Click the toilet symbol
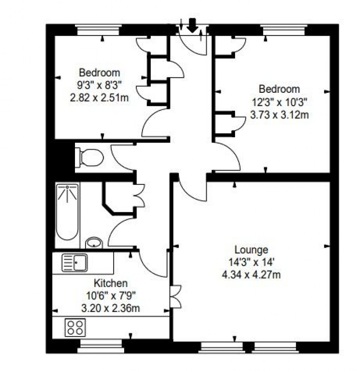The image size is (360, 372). (x=89, y=158)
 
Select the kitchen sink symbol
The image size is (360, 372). (x=75, y=263)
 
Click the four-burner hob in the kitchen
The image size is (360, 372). (x=75, y=327)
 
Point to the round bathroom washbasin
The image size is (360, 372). (x=94, y=242)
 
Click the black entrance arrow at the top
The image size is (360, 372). (x=192, y=25)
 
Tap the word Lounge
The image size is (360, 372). (x=251, y=250)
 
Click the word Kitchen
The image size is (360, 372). (x=111, y=283)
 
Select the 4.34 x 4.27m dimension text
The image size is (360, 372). (x=251, y=274)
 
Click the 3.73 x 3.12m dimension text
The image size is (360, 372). (x=279, y=115)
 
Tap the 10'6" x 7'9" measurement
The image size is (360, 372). (x=111, y=296)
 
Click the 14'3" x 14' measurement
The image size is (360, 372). (x=251, y=262)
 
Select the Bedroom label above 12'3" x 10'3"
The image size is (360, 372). (x=279, y=89)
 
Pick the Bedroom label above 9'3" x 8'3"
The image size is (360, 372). (x=100, y=72)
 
